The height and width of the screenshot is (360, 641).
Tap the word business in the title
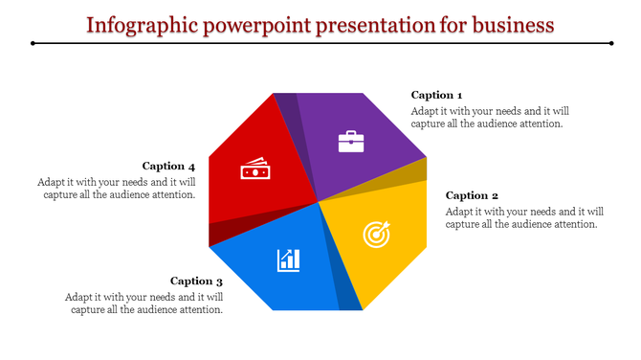pyautogui.click(x=513, y=23)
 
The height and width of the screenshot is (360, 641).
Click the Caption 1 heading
pyautogui.click(x=436, y=95)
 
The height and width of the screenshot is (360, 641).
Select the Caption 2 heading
pyautogui.click(x=472, y=195)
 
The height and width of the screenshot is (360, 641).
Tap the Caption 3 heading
pyautogui.click(x=196, y=281)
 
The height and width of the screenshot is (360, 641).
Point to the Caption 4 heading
pyautogui.click(x=168, y=166)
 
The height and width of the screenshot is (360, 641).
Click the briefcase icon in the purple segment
pyautogui.click(x=351, y=142)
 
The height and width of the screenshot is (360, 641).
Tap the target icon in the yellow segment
pyautogui.click(x=377, y=233)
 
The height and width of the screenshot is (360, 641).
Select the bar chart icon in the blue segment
pyautogui.click(x=288, y=259)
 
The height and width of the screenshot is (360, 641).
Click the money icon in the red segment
pyautogui.click(x=254, y=170)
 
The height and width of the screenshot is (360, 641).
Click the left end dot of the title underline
pyautogui.click(x=33, y=43)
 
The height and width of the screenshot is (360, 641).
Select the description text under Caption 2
pyautogui.click(x=524, y=217)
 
